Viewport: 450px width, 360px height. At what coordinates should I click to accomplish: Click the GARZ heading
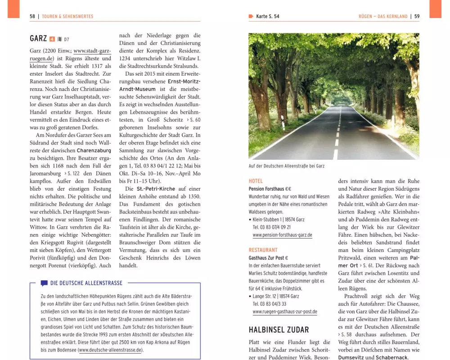pos(38,39)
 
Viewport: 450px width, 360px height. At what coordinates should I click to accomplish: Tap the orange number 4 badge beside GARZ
pos(52,39)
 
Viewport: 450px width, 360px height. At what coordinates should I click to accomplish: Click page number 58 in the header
pos(32,17)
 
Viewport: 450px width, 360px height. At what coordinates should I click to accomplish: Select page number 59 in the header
pos(417,17)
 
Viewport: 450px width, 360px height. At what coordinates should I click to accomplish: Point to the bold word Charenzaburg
pos(94,150)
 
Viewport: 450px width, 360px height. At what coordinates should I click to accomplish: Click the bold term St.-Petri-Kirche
pos(156,189)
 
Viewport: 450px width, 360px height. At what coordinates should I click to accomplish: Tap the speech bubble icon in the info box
pos(44,283)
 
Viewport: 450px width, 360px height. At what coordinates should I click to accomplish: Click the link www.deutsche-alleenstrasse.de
pos(110,350)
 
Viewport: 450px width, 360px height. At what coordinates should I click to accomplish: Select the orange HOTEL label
pos(256,181)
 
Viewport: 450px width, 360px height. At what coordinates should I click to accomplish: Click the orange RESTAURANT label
pos(263,250)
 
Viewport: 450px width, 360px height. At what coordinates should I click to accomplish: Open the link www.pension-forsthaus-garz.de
pos(282,235)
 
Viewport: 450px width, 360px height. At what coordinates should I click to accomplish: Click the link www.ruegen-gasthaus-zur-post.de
pos(285,311)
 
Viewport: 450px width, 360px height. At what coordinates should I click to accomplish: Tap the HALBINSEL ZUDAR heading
pos(279,330)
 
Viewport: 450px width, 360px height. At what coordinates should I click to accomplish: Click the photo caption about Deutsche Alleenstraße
pos(286,166)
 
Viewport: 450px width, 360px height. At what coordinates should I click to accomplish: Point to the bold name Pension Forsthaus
pos(266,189)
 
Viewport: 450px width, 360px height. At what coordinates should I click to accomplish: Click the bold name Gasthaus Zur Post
pos(266,258)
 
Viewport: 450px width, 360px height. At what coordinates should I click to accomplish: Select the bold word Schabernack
pos(391,357)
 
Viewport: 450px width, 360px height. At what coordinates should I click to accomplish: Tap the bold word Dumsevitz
pos(351,357)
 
